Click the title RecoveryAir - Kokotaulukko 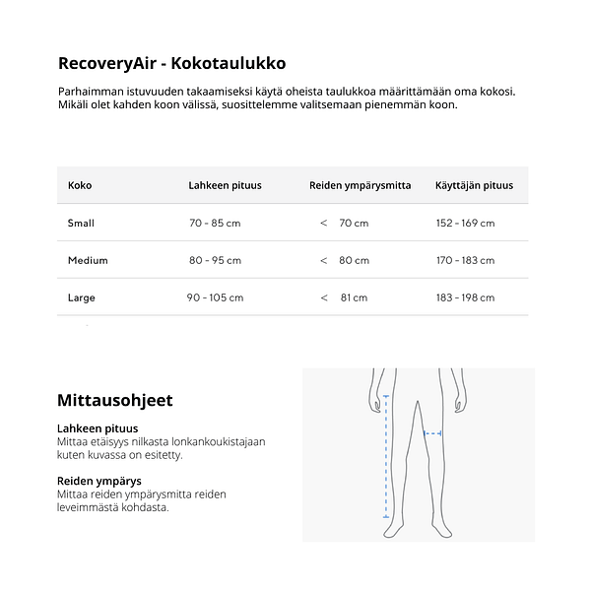click(171, 63)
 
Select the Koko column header click(80, 185)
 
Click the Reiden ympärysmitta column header click(361, 185)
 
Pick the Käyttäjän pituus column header click(474, 185)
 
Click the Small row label click(81, 223)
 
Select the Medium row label click(88, 260)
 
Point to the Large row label click(82, 297)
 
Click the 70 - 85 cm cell click(215, 223)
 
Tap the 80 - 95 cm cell click(215, 260)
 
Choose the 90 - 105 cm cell click(215, 297)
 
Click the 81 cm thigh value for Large click(353, 297)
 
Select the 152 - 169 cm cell click(465, 223)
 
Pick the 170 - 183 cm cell click(465, 260)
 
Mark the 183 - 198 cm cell click(465, 297)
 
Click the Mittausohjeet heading click(115, 400)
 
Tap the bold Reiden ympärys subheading click(98, 482)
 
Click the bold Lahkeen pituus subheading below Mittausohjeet click(98, 428)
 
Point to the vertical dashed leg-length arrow click(386, 456)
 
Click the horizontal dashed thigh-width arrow click(432, 432)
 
